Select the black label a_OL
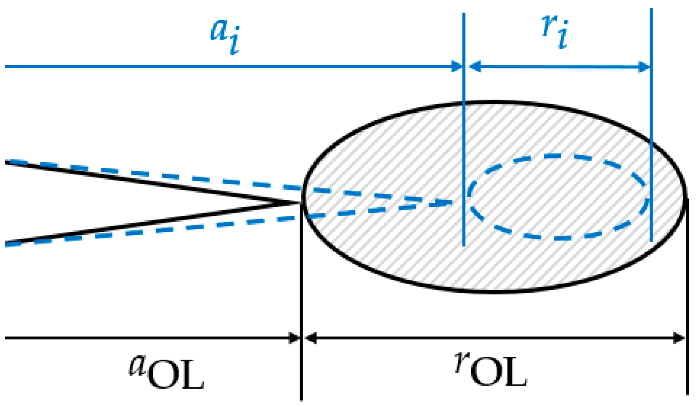(x=166, y=372)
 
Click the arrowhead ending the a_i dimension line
(x=458, y=66)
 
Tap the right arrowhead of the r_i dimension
(x=645, y=67)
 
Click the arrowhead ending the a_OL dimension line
(x=295, y=338)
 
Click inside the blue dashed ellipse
(x=558, y=197)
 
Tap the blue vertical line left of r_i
(x=464, y=131)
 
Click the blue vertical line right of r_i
(x=651, y=109)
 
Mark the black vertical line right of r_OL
(x=687, y=306)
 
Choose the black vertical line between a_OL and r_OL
(x=301, y=306)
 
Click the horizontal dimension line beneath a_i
(x=219, y=66)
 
